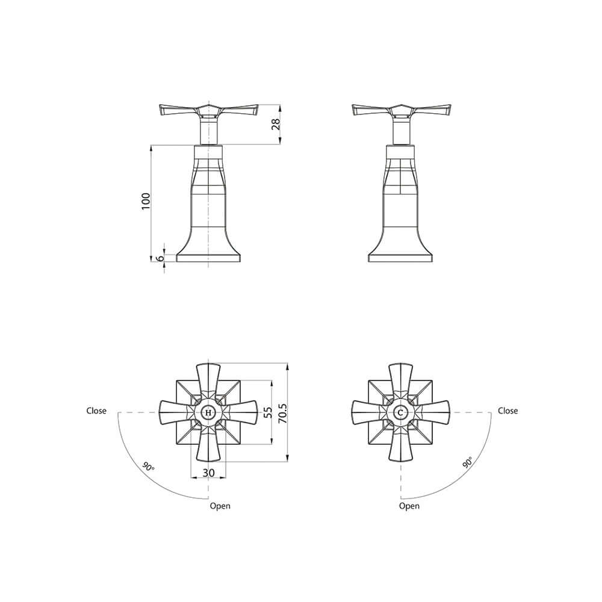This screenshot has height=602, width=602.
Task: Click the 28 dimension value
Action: coord(276,125)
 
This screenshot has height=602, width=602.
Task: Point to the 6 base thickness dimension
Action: coord(160,258)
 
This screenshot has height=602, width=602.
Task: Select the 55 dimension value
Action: coord(268,412)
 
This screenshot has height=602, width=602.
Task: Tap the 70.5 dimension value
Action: coord(284,413)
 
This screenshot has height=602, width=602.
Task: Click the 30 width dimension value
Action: coord(209,473)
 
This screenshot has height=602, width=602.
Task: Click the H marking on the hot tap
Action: coord(208,412)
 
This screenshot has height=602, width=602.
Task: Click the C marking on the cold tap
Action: coord(400,412)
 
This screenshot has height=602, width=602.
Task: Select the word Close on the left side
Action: coord(96,411)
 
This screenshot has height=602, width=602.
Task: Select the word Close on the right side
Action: coord(507,411)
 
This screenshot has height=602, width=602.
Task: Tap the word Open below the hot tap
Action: coord(220,506)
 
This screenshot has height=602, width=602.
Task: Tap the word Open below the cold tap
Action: coord(409,506)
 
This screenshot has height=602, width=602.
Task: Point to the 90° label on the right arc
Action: coord(468,462)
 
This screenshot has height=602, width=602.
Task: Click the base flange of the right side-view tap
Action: coord(400,258)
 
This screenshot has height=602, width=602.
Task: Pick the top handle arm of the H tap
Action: coord(208,379)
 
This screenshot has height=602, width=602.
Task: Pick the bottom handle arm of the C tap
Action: coord(400,445)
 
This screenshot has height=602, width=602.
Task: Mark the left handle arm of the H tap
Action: coord(175,412)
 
